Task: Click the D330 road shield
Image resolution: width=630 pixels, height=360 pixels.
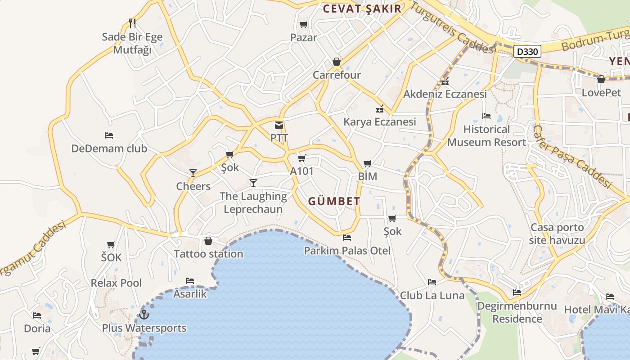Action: (527, 51)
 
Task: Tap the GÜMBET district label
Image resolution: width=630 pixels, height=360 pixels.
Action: (334, 201)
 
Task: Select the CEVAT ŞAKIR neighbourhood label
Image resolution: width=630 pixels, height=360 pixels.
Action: (362, 9)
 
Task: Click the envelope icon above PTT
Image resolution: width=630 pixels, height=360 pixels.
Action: (279, 125)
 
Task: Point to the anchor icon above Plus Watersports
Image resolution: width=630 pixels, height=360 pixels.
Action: (144, 314)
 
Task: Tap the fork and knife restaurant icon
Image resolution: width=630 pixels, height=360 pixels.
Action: (132, 23)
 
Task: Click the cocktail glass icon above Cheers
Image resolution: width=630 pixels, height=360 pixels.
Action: (193, 173)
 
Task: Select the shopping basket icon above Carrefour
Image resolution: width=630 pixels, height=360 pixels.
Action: (337, 62)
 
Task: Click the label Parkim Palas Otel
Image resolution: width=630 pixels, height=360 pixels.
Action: (347, 250)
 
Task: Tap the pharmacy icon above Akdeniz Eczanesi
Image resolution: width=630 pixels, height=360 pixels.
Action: (445, 81)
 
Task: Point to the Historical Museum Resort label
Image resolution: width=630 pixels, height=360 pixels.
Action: (486, 135)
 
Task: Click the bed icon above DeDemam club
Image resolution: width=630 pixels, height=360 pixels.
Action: (109, 135)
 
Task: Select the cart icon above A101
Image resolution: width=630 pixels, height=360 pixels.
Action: (301, 158)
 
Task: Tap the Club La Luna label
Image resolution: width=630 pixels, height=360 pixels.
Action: (432, 295)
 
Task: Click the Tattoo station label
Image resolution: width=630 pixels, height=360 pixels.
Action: (208, 254)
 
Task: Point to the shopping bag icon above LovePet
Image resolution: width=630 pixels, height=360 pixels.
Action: (601, 80)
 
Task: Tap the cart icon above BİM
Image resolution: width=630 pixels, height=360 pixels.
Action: (368, 163)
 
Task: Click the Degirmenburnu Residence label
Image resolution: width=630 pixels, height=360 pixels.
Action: (517, 312)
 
